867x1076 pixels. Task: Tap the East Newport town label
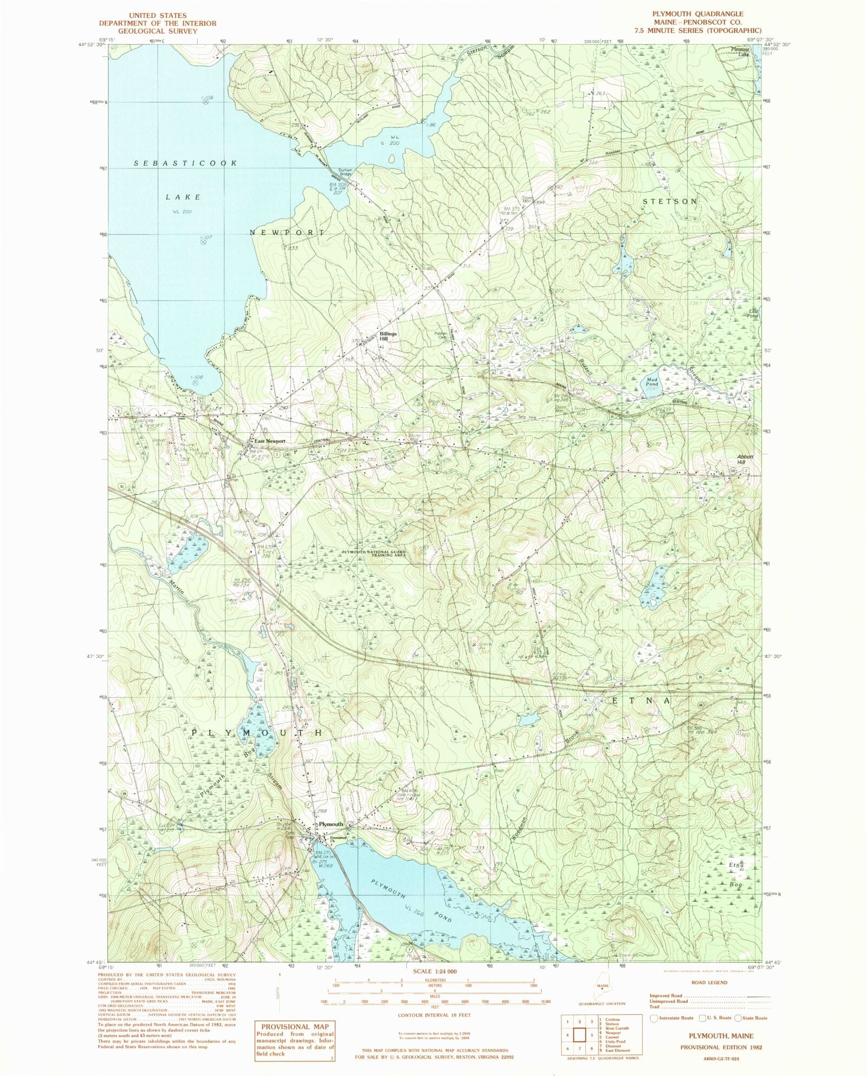[x=270, y=441]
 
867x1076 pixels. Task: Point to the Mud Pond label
[x=652, y=382]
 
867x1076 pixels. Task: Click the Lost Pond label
[x=753, y=313]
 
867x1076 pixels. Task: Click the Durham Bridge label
[x=346, y=172]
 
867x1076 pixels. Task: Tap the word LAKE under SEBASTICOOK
[x=183, y=197]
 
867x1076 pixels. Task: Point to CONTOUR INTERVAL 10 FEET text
[x=434, y=1015]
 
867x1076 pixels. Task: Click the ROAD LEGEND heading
[x=710, y=982]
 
